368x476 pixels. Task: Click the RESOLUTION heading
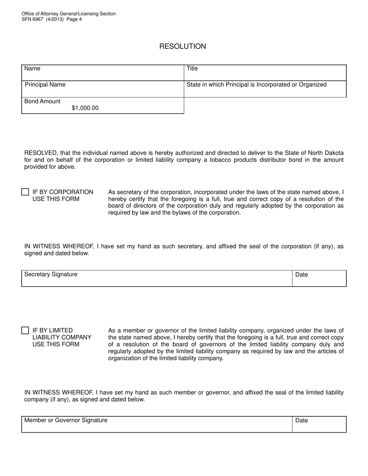pos(182,46)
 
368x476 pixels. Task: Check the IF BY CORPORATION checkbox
pos(25,192)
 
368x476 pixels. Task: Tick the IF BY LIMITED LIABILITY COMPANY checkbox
pos(25,330)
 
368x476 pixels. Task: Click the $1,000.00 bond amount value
pos(85,108)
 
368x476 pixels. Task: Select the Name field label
pos(32,68)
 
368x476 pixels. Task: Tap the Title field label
pos(192,68)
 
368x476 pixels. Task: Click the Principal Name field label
pos(45,85)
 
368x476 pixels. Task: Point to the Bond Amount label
pos(42,101)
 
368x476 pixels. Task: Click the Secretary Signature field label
pos(51,274)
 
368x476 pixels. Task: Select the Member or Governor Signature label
pos(66,420)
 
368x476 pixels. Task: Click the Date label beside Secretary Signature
pos(301,275)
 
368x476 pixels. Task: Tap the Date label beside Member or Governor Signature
pos(301,421)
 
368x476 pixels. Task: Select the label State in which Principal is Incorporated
pos(256,85)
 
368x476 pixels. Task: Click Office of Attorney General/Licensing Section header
pos(69,14)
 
